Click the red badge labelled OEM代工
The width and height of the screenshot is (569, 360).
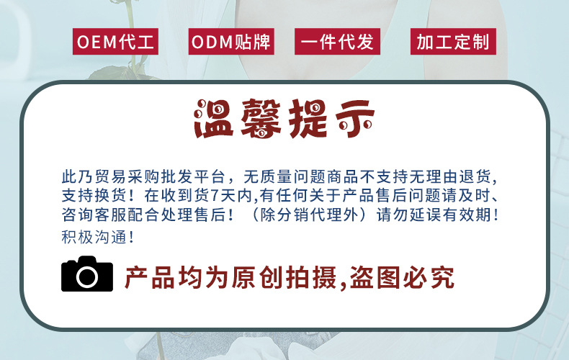click(x=115, y=42)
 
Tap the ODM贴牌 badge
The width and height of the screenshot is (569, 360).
click(x=230, y=42)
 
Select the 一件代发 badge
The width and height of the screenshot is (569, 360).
click(x=337, y=42)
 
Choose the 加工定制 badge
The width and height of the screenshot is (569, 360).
click(x=452, y=42)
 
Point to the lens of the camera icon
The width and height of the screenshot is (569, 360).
click(x=87, y=276)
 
